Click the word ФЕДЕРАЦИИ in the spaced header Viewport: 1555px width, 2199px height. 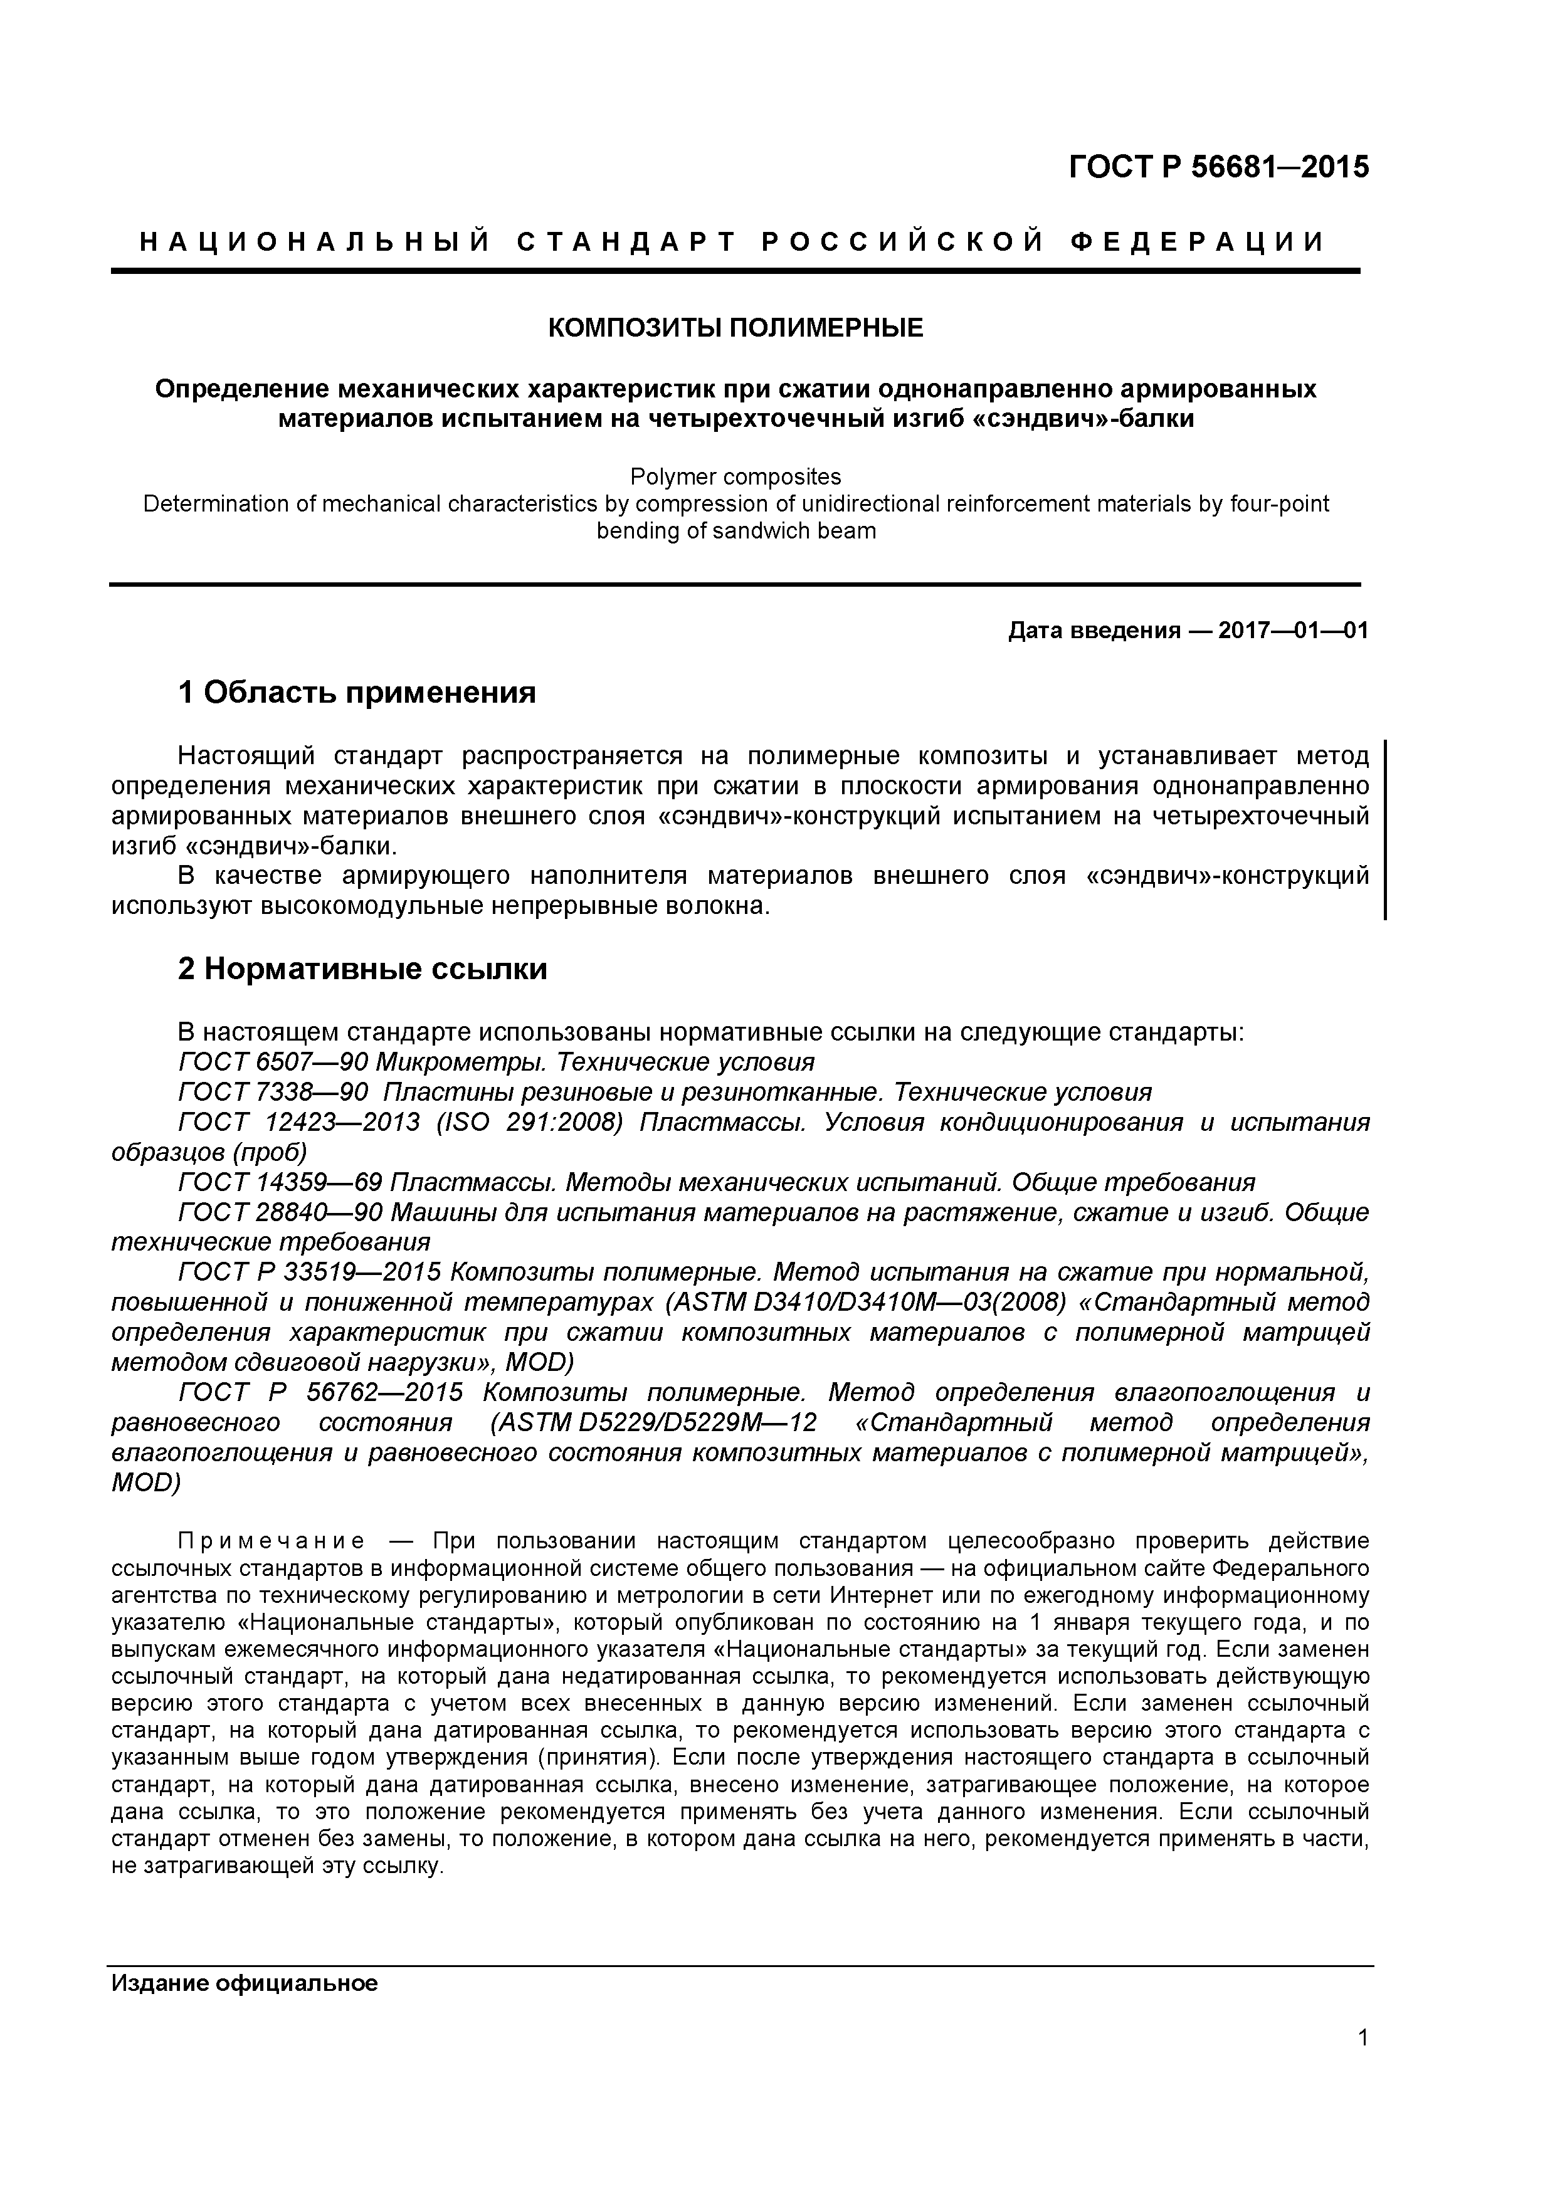point(1197,243)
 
